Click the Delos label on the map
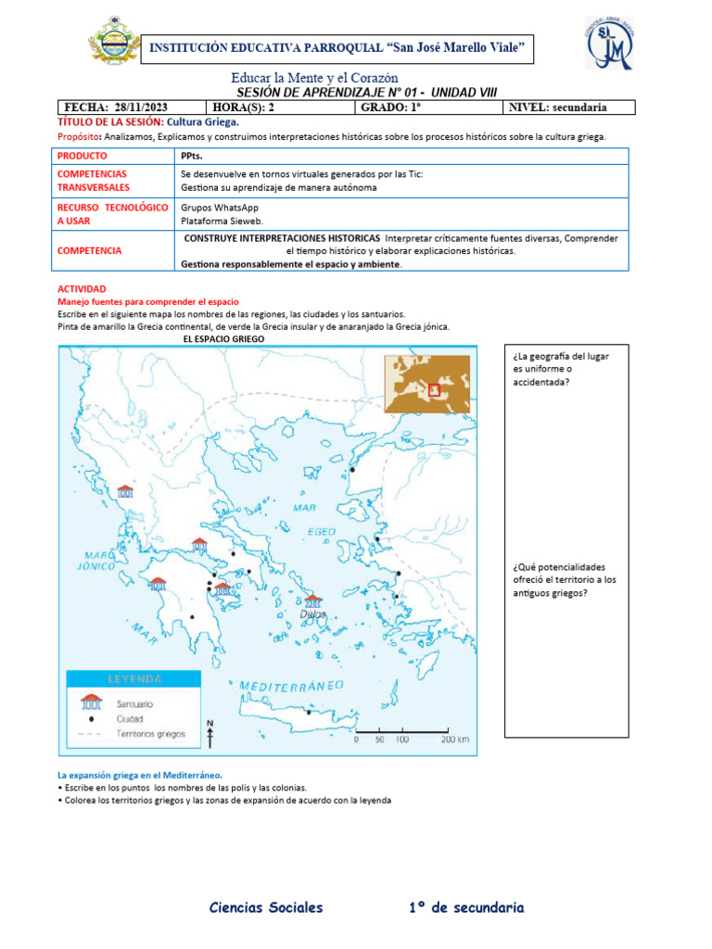pyautogui.click(x=314, y=614)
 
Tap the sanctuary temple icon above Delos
pyautogui.click(x=314, y=601)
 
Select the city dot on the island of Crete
pyautogui.click(x=309, y=713)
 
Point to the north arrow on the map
pyautogui.click(x=210, y=733)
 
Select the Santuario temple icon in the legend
pyautogui.click(x=91, y=702)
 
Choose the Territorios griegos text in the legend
pyautogui.click(x=151, y=733)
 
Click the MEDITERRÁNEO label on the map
pyautogui.click(x=292, y=685)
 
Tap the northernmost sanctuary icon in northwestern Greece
pyautogui.click(x=124, y=491)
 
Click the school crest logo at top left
pyautogui.click(x=115, y=44)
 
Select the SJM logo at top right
pyautogui.click(x=610, y=44)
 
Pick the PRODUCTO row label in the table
pyautogui.click(x=83, y=156)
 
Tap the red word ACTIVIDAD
pyautogui.click(x=82, y=289)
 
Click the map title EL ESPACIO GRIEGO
pyautogui.click(x=224, y=340)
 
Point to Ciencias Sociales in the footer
pyautogui.click(x=266, y=907)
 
